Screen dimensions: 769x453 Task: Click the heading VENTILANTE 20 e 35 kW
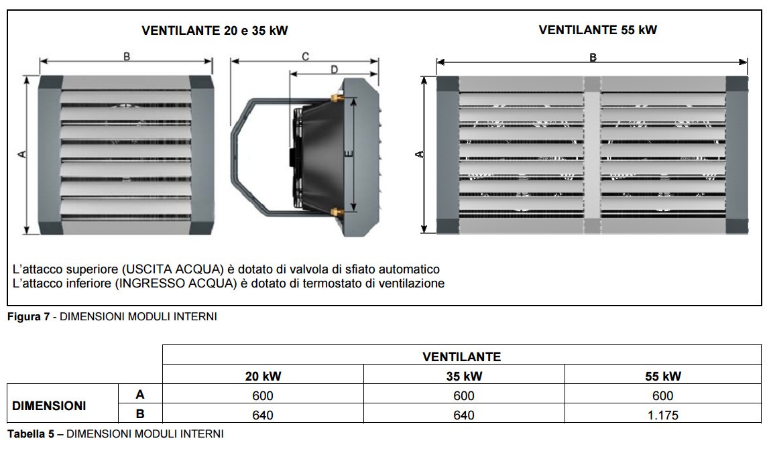(x=215, y=31)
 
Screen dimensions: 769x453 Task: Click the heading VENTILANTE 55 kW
(x=597, y=30)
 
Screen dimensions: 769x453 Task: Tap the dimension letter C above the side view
(x=305, y=56)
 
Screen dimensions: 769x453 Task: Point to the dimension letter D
(x=334, y=70)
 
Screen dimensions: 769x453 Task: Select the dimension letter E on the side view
(x=348, y=154)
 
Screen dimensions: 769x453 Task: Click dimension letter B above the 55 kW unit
(x=593, y=58)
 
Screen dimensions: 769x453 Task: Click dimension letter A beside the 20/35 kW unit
(x=22, y=154)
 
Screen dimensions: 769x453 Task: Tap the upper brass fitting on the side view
(x=336, y=98)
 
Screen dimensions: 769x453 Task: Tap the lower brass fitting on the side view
(x=336, y=212)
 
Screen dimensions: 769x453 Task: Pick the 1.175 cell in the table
(x=662, y=415)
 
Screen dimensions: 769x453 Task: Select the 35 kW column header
(x=464, y=376)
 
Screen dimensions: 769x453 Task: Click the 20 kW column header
(x=263, y=376)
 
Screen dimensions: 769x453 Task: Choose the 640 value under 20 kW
(x=262, y=415)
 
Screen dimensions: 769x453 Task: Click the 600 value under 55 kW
(x=662, y=395)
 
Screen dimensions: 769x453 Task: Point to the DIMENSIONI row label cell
(x=49, y=406)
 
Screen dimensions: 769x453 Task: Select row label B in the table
(x=140, y=413)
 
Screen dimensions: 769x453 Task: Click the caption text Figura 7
(x=28, y=317)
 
